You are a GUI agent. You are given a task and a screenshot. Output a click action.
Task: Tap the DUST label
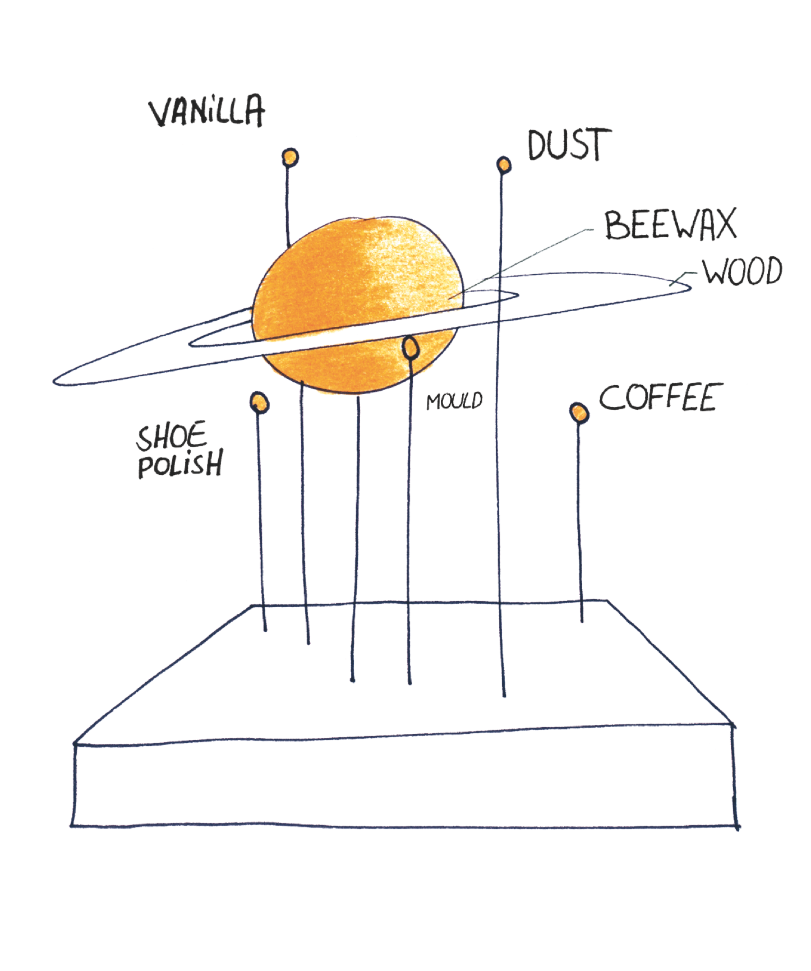coord(569,145)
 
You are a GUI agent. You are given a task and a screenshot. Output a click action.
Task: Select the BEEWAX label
coord(670,225)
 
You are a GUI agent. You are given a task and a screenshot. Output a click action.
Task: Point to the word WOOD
coord(743,271)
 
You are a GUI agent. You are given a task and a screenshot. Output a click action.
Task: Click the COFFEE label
coord(661,397)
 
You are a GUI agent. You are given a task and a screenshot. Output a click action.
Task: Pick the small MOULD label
coord(454,401)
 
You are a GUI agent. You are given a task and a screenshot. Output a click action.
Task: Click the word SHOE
coord(172,437)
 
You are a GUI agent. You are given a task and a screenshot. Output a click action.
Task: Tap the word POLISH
coord(181,464)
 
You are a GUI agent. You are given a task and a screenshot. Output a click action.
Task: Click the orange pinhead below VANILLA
coord(290,158)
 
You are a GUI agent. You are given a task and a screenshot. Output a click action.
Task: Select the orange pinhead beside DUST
coord(504,165)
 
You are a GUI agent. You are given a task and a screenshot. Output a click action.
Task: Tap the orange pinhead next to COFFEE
coord(579,413)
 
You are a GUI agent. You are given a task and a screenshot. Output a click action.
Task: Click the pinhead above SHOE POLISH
coord(259,403)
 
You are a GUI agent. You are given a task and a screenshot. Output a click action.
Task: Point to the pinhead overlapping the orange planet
coord(411,348)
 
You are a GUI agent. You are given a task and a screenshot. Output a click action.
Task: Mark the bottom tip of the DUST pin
coord(504,696)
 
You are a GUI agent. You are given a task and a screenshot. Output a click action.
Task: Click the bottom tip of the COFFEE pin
coord(582,621)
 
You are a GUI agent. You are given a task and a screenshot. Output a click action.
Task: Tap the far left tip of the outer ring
coord(54,382)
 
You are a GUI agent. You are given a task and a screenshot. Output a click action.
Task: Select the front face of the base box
coord(404,778)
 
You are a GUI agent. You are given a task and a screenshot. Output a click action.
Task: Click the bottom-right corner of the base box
coord(737,826)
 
